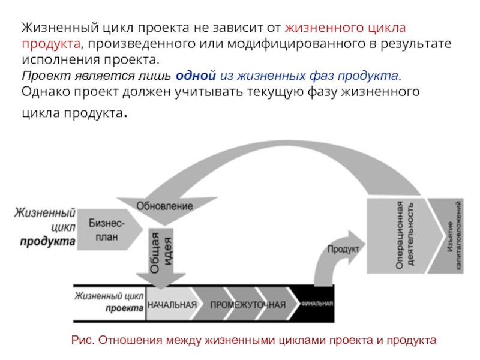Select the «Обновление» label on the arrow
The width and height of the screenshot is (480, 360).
tap(164, 206)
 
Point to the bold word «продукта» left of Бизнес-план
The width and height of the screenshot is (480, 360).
tap(47, 242)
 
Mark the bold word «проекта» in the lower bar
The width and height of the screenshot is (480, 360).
tap(124, 308)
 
